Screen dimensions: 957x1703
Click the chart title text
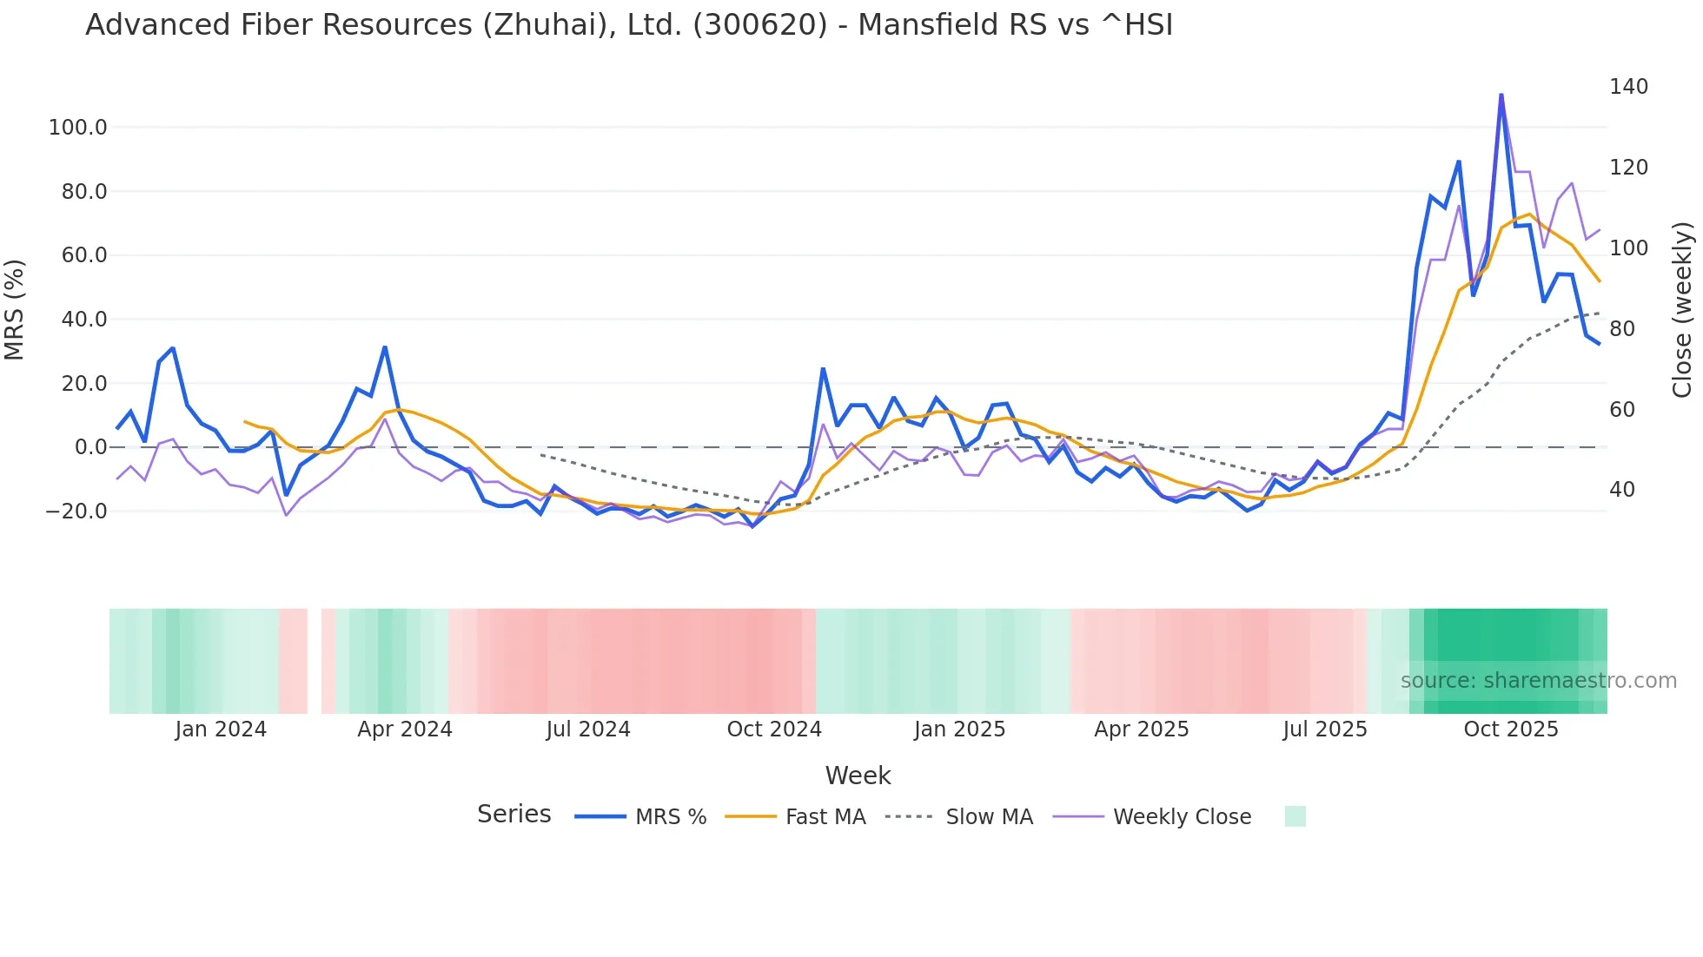[629, 25]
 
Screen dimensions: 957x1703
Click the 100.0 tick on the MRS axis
[78, 128]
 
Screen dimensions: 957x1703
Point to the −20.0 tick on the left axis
[76, 511]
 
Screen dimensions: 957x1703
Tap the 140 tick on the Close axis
[1628, 87]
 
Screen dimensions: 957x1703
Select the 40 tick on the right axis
[1622, 490]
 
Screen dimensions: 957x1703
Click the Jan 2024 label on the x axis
[221, 729]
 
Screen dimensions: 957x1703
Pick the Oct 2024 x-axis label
[774, 729]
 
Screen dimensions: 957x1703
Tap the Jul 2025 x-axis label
[1325, 729]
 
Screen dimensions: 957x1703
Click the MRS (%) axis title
[15, 309]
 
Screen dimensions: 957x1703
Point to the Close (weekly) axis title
[1682, 309]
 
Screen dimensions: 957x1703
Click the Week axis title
[858, 775]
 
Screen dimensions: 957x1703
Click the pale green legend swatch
[1295, 816]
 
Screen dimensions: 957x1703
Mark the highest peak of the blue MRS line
[1501, 95]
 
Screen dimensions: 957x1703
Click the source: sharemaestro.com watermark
[1538, 681]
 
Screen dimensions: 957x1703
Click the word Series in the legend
[514, 815]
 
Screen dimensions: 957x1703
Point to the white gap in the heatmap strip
[315, 661]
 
